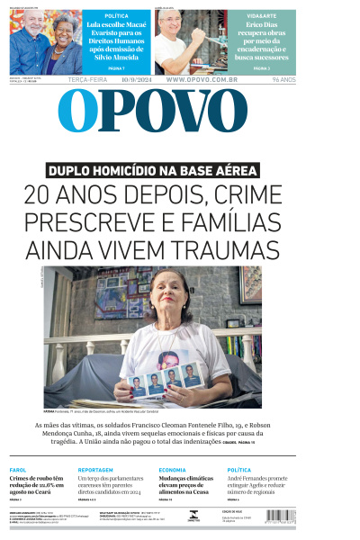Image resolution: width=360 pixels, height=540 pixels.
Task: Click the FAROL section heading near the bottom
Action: (x=18, y=470)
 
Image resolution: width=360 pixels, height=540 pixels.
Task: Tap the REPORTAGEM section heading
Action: (x=95, y=470)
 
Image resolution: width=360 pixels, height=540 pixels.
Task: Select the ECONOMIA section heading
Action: (x=172, y=470)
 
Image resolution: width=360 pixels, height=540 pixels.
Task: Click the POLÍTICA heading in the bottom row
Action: (x=239, y=470)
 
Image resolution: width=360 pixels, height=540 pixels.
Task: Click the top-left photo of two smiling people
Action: (x=44, y=41)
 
